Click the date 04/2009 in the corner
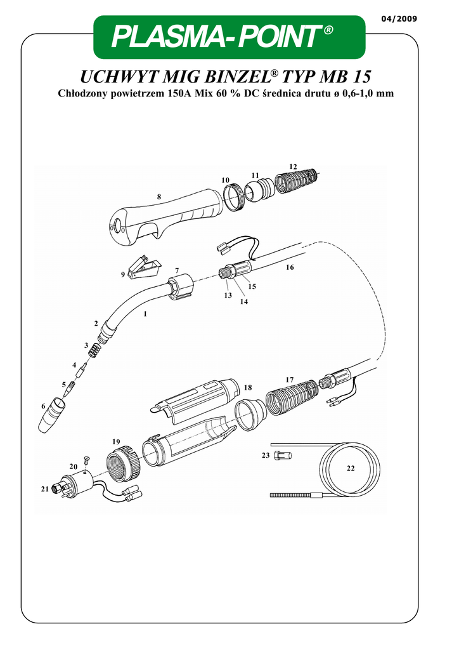399,18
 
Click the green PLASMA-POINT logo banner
229,37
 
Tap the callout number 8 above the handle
159,197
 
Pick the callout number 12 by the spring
293,167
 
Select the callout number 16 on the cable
290,267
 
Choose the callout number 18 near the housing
248,388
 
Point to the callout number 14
244,302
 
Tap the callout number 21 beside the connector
45,489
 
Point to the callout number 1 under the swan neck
145,314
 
